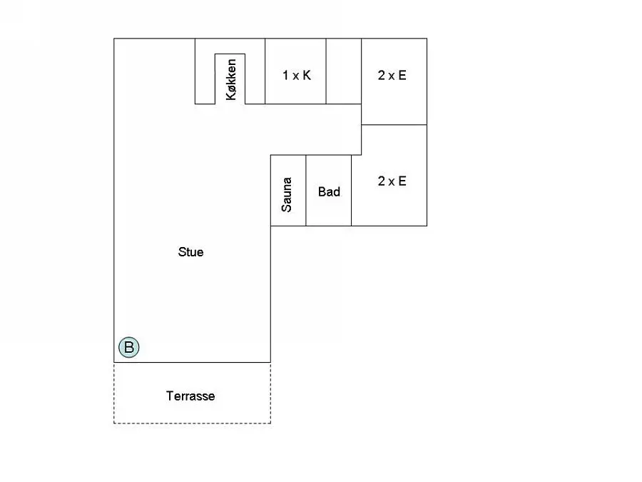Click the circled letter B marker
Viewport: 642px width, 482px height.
click(129, 347)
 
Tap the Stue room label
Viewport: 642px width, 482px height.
click(190, 251)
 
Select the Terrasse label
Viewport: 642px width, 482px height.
click(190, 396)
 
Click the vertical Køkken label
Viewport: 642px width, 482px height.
click(231, 79)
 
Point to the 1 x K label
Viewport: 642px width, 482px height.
click(297, 75)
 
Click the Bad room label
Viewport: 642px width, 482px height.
click(329, 191)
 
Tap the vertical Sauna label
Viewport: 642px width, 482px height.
click(287, 194)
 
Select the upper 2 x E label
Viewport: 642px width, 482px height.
click(392, 75)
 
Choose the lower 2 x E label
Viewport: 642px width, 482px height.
click(392, 181)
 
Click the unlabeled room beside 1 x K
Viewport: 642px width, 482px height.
click(344, 71)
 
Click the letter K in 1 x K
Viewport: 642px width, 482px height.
click(306, 75)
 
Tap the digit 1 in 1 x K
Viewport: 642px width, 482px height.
click(285, 75)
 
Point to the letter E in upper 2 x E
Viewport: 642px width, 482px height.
click(402, 75)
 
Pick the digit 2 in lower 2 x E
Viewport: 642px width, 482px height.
click(382, 181)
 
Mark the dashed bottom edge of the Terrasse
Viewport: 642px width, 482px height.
click(192, 423)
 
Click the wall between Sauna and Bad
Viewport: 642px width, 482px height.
click(306, 191)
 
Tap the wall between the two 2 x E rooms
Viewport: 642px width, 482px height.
click(394, 124)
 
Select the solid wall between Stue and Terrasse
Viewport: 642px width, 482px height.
click(192, 362)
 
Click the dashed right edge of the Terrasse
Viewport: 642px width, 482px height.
click(270, 393)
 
